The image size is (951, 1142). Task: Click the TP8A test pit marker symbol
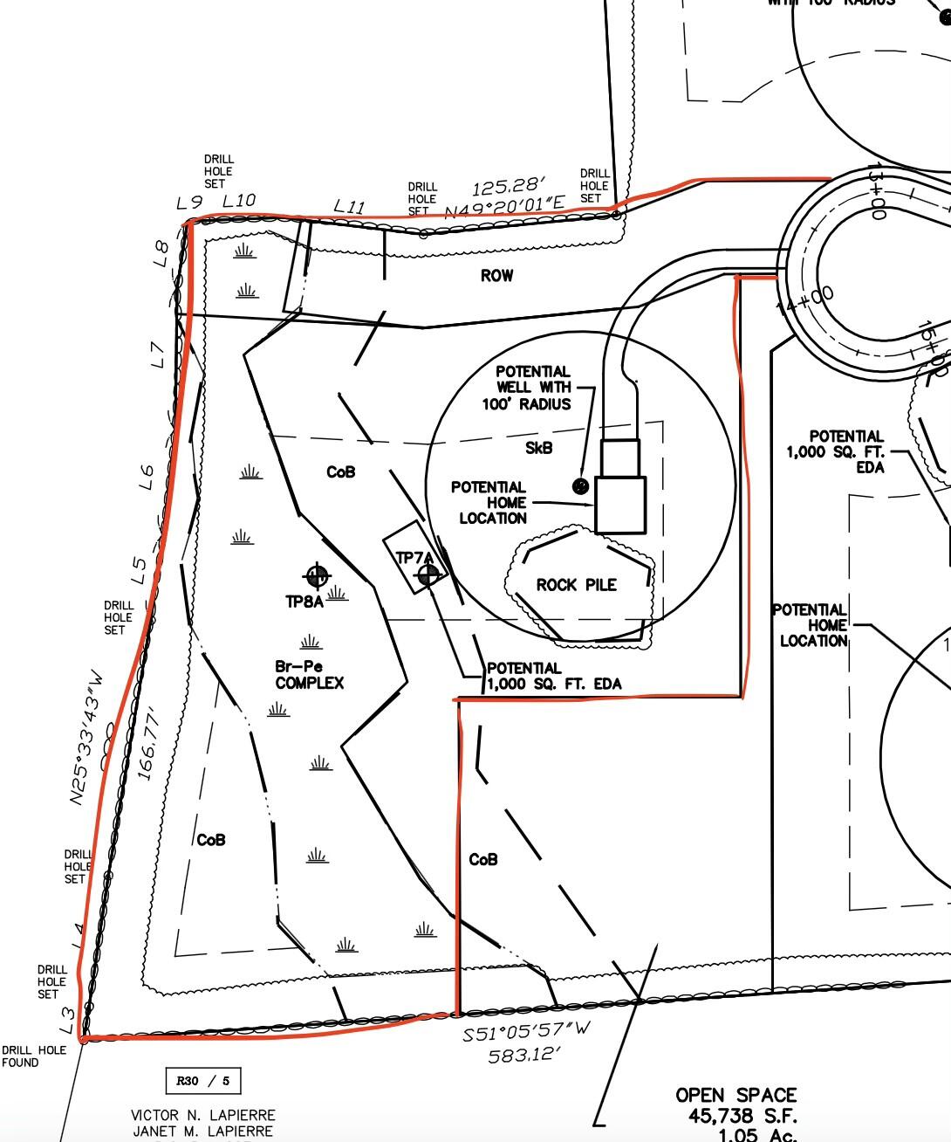pyautogui.click(x=317, y=575)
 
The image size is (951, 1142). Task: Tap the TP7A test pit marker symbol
pyautogui.click(x=428, y=574)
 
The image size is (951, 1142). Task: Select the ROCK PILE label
pyautogui.click(x=576, y=585)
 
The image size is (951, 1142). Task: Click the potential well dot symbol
pyautogui.click(x=580, y=485)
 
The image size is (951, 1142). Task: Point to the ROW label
pyautogui.click(x=497, y=276)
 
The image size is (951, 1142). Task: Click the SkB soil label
pyautogui.click(x=538, y=448)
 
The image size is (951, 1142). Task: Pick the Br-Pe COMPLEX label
pyautogui.click(x=309, y=675)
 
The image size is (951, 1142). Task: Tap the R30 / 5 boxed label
pyautogui.click(x=203, y=1081)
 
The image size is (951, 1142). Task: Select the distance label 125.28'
pyautogui.click(x=509, y=187)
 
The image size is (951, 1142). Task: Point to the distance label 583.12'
pyautogui.click(x=523, y=1056)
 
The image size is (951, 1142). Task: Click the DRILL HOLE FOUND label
pyautogui.click(x=33, y=1056)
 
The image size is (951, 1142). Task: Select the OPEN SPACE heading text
pyautogui.click(x=735, y=1095)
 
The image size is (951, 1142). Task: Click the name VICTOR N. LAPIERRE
pyautogui.click(x=202, y=1116)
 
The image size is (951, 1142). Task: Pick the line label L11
pyautogui.click(x=349, y=207)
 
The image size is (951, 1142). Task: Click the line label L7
pyautogui.click(x=158, y=354)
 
